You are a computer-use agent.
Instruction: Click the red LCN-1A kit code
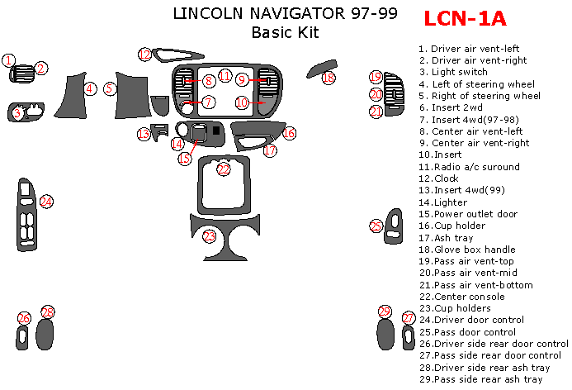[466, 18]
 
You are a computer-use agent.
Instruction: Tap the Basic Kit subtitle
[285, 33]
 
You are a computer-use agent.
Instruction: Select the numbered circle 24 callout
[46, 201]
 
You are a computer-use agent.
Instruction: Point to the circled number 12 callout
[145, 55]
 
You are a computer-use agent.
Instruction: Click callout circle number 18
[329, 78]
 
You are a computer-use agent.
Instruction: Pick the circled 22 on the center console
[224, 169]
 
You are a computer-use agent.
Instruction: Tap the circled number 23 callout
[210, 236]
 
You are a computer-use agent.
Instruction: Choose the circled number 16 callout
[289, 132]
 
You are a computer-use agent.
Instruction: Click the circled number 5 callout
[111, 88]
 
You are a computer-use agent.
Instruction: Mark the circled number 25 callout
[376, 226]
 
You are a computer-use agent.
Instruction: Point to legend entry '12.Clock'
[442, 178]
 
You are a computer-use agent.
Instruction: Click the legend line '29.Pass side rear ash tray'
[480, 379]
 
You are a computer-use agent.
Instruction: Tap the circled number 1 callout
[8, 59]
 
